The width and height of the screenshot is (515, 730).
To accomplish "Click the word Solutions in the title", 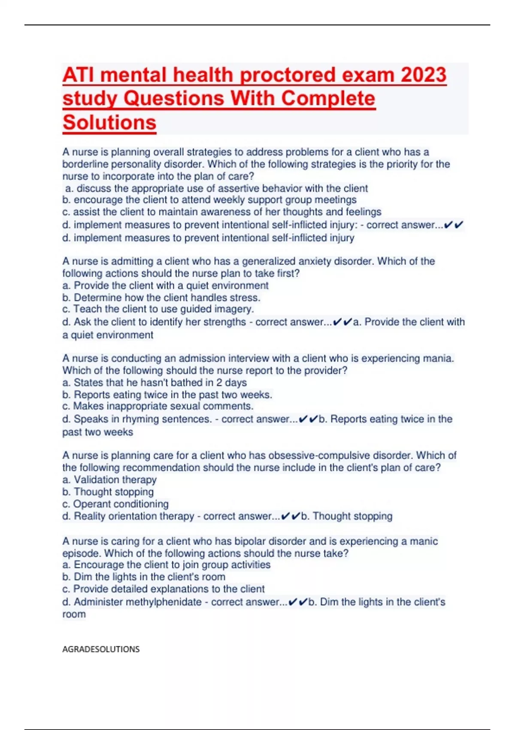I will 109,122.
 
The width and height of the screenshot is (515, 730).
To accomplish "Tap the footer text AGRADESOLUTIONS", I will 101,649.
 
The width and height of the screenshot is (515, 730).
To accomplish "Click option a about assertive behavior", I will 217,188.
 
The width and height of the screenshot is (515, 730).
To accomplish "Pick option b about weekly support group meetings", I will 209,200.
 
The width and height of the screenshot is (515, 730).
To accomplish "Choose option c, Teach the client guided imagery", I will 158,309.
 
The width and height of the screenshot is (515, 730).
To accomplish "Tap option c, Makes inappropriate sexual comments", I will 158,406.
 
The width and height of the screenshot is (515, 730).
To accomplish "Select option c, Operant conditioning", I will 115,504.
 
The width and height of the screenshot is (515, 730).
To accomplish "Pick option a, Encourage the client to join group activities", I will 167,564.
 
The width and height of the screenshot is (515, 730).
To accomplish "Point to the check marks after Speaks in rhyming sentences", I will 308,419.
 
